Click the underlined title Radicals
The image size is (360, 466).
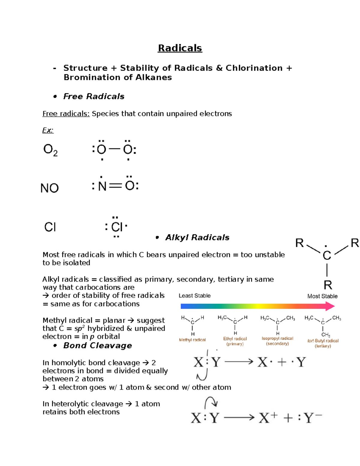coord(180,48)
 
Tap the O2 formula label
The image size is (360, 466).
coord(50,150)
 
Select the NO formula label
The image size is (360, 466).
coord(49,188)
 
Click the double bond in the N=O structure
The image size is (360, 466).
coord(115,186)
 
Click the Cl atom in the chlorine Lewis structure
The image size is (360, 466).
coord(117,227)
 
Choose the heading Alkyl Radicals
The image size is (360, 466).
coord(197,238)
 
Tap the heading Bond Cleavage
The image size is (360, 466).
coord(97,346)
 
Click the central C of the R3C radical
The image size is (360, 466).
coord(327,256)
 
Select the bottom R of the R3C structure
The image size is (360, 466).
coord(328,285)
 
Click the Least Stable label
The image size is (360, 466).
coord(194,296)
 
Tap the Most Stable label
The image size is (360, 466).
coord(322,296)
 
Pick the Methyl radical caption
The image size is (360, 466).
coord(192,340)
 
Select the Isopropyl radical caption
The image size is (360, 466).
coord(277,338)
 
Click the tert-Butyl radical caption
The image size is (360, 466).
coord(323,341)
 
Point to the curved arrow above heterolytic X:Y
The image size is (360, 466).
coord(211,402)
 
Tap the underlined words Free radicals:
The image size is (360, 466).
coord(66,114)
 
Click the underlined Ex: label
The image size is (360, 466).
coord(48,130)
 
